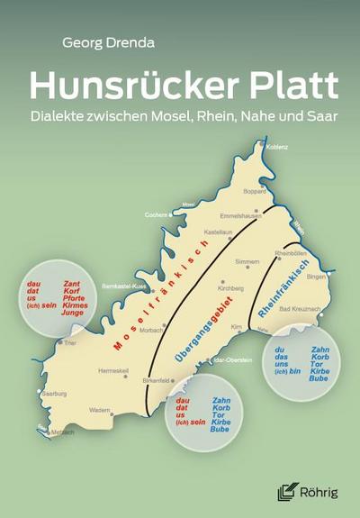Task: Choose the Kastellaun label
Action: (x=219, y=232)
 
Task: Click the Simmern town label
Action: (x=246, y=261)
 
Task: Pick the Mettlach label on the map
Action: (x=63, y=432)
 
